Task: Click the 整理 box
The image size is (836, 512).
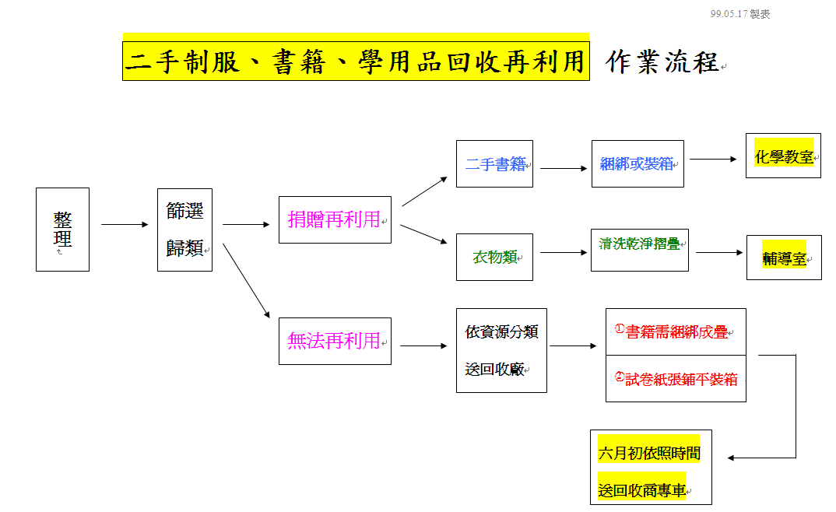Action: click(x=62, y=230)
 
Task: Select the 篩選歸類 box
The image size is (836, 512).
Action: click(x=184, y=230)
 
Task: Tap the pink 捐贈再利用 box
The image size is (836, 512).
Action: click(x=335, y=219)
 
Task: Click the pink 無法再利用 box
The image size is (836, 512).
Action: click(x=335, y=341)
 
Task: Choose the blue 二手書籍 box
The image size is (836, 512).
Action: click(x=494, y=164)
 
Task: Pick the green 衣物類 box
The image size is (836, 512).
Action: click(x=494, y=257)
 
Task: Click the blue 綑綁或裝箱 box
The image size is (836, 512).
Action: click(x=638, y=164)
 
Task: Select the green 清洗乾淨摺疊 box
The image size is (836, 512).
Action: click(x=639, y=244)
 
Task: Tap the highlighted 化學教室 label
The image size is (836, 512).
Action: click(x=784, y=157)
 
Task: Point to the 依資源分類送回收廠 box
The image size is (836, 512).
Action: click(x=501, y=350)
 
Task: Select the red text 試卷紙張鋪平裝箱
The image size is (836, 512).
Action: click(x=676, y=379)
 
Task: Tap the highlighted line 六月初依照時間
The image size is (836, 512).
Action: click(x=648, y=453)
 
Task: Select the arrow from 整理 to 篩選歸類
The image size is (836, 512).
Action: click(x=125, y=225)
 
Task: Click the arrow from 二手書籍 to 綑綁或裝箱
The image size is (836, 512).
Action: click(x=564, y=168)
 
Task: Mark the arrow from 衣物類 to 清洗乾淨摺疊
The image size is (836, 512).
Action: click(x=564, y=252)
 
